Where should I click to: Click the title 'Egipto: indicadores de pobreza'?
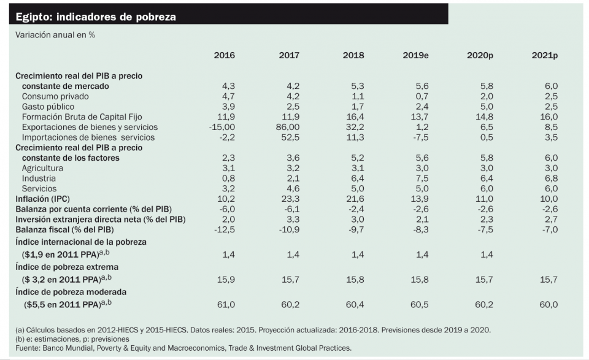click(x=95, y=17)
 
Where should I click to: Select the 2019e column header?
click(x=415, y=55)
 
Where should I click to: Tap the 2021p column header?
click(x=544, y=55)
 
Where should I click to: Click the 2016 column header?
click(x=224, y=55)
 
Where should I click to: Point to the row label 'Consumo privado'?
click(x=55, y=96)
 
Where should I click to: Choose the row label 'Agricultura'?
click(x=42, y=168)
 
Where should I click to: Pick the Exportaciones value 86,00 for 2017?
click(x=288, y=127)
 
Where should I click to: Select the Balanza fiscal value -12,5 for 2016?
click(x=223, y=229)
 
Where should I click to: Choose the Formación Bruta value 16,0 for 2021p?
click(x=547, y=117)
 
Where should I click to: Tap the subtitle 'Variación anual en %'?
click(x=55, y=35)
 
